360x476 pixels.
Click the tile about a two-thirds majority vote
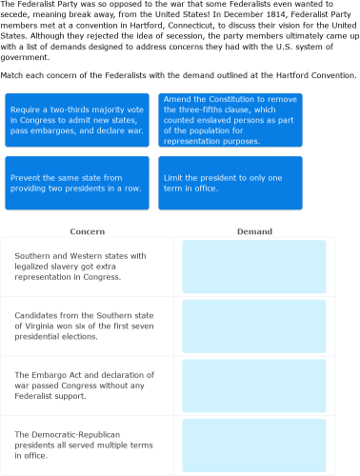77,120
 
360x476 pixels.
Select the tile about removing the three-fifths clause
230,120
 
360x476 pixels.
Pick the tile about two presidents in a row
77,183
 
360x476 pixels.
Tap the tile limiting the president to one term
230,183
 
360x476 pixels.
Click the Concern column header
88,231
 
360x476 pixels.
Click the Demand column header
254,231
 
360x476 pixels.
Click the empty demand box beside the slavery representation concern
254,267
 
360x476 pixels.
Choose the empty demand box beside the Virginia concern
254,327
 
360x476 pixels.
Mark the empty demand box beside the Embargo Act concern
254,386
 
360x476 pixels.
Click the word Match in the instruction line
14,75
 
